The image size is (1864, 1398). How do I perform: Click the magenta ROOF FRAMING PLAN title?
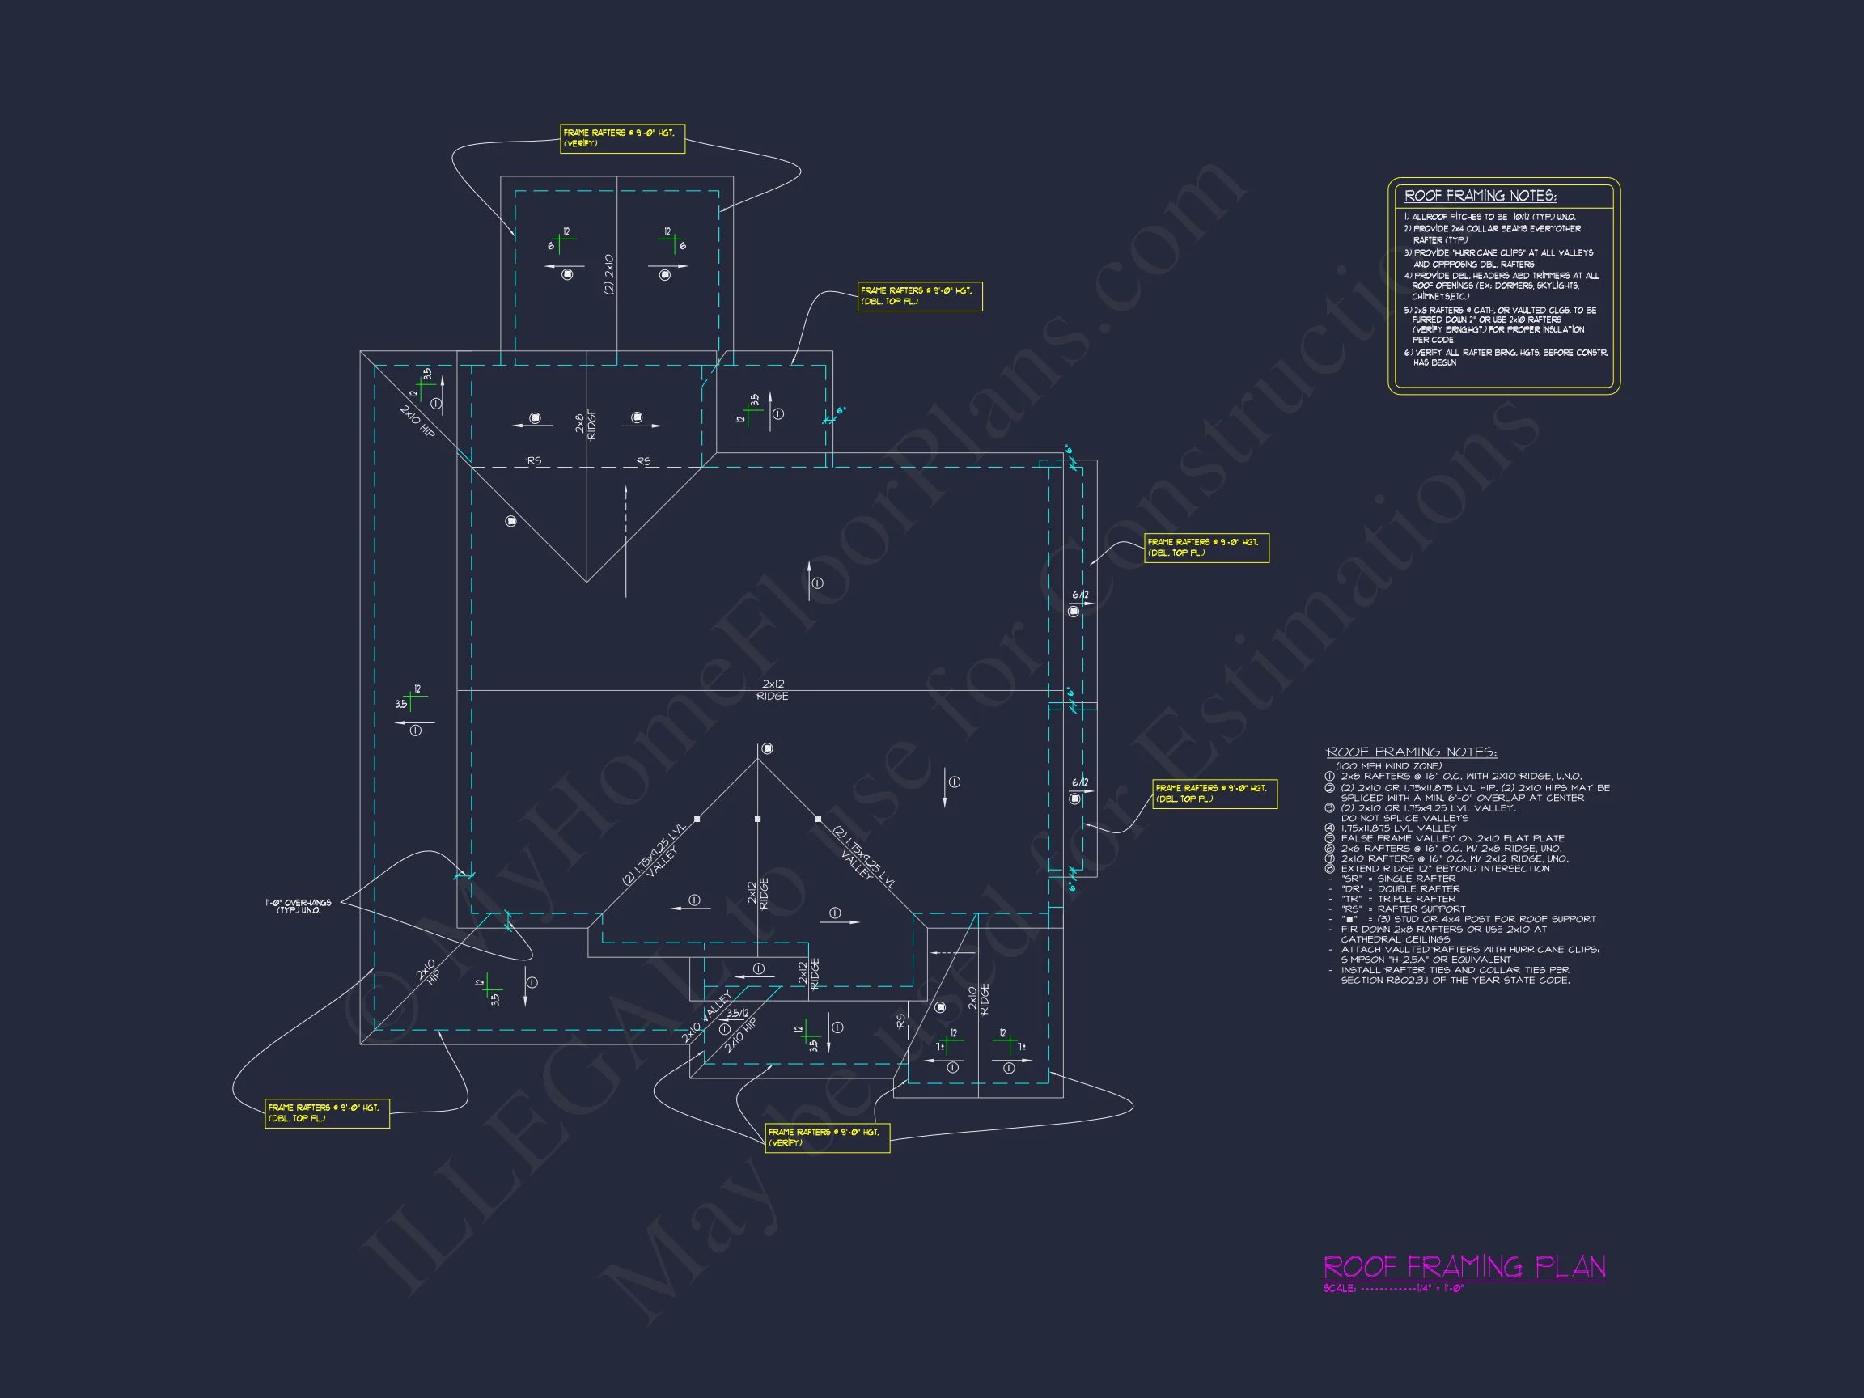(1464, 1267)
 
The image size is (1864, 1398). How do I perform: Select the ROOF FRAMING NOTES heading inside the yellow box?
(1480, 196)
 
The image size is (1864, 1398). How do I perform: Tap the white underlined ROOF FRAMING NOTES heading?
(1412, 752)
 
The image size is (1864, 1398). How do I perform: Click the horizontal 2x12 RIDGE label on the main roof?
(773, 690)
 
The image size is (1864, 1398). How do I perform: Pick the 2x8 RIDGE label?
(586, 424)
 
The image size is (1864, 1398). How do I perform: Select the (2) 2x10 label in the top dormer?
(609, 274)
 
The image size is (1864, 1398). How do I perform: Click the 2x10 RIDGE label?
(978, 998)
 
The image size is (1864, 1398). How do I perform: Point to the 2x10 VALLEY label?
(706, 1018)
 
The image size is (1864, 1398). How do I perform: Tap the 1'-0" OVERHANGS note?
(299, 906)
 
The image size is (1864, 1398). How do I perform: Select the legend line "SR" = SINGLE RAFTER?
(1398, 879)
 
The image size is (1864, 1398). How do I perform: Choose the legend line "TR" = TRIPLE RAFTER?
(1400, 899)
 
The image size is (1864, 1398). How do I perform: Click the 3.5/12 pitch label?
(737, 1013)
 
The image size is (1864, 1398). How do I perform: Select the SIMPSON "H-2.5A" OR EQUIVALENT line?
(1426, 960)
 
